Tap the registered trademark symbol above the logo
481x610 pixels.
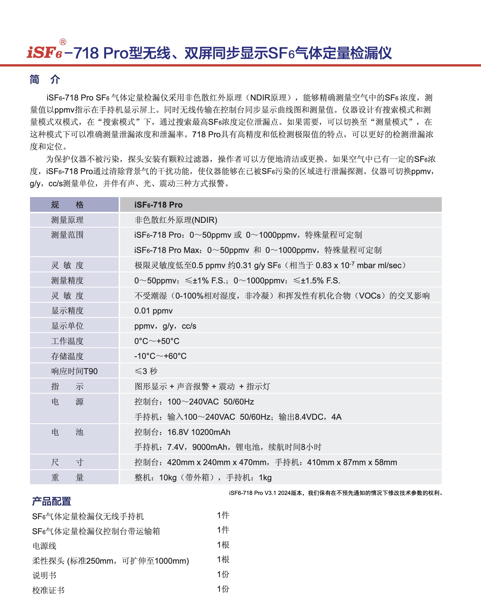click(x=63, y=42)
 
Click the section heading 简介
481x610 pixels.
click(x=45, y=79)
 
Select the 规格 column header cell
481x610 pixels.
click(x=67, y=205)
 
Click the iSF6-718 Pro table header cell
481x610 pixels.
click(x=158, y=205)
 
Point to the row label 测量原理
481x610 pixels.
click(x=67, y=220)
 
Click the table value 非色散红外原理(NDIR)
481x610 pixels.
click(x=176, y=220)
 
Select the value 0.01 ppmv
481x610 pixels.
click(x=153, y=311)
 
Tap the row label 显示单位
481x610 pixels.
click(x=67, y=326)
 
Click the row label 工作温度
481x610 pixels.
click(x=67, y=341)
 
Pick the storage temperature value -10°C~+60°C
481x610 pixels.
click(x=160, y=356)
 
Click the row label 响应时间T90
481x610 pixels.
click(x=74, y=371)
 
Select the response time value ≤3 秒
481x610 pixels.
click(x=146, y=371)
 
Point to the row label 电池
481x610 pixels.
click(x=67, y=432)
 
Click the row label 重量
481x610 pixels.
click(x=67, y=477)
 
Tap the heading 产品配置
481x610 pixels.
click(x=51, y=501)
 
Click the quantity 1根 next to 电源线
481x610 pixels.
click(x=223, y=545)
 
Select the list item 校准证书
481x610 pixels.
click(x=48, y=590)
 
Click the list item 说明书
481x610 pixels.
click(x=44, y=575)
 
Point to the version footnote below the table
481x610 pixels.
click(x=336, y=493)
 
